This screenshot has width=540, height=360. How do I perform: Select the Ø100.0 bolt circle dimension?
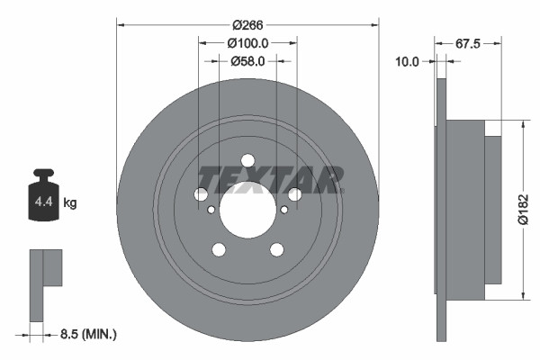(247, 43)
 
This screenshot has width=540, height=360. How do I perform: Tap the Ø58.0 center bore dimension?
(247, 61)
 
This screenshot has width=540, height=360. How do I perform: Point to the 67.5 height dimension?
(465, 43)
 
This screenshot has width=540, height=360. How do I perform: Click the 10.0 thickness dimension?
(409, 61)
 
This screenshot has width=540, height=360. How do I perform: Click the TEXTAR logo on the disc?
(270, 179)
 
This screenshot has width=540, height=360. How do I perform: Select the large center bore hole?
(247, 210)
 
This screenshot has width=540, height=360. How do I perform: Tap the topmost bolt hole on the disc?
(247, 161)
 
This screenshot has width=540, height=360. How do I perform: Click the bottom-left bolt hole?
(219, 249)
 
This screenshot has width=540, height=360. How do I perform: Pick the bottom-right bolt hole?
(276, 249)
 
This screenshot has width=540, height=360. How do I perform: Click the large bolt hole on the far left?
(201, 194)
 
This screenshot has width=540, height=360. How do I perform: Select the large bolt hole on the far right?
(294, 194)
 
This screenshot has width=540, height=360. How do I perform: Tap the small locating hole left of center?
(211, 210)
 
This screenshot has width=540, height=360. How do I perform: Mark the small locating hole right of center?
(283, 210)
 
